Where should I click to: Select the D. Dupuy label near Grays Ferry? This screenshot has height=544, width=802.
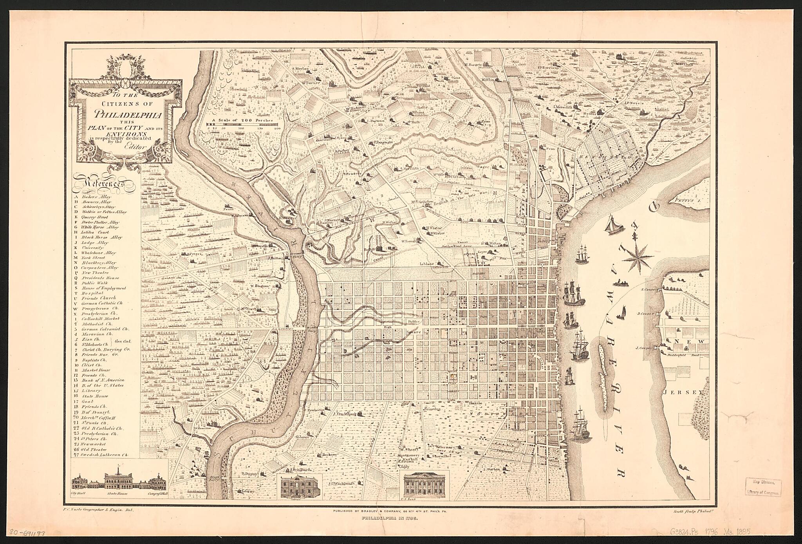pos(248,474)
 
